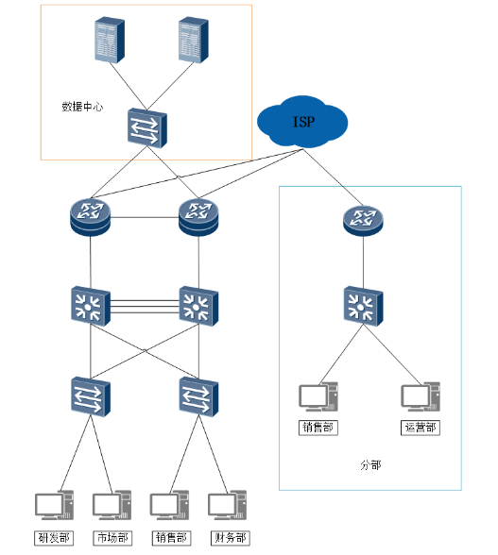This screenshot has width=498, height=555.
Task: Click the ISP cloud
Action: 302,122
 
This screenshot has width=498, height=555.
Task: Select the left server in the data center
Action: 110,40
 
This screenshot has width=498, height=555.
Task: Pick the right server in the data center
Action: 193,40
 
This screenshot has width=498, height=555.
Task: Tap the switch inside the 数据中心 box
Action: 147,127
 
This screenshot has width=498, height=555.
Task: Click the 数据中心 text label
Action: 82,107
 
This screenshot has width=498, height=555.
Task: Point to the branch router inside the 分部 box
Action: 363,221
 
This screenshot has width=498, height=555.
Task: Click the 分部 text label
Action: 370,464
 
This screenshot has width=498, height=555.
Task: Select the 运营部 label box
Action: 420,428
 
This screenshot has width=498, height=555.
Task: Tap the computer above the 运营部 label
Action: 421,396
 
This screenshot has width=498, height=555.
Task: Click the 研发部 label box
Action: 54,538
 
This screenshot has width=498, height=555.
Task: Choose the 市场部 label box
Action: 112,538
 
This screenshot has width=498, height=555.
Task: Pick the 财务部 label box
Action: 230,538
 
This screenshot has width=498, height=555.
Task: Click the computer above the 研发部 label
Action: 54,505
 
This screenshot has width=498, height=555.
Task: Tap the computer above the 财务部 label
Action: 227,505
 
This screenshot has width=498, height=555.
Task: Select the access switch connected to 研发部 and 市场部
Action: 91,396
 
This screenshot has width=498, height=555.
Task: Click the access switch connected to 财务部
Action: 198,396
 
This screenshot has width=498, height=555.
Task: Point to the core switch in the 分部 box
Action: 363,306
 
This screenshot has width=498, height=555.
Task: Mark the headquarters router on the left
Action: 91,217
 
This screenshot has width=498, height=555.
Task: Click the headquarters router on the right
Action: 198,217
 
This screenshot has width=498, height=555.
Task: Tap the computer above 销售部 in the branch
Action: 318,396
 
